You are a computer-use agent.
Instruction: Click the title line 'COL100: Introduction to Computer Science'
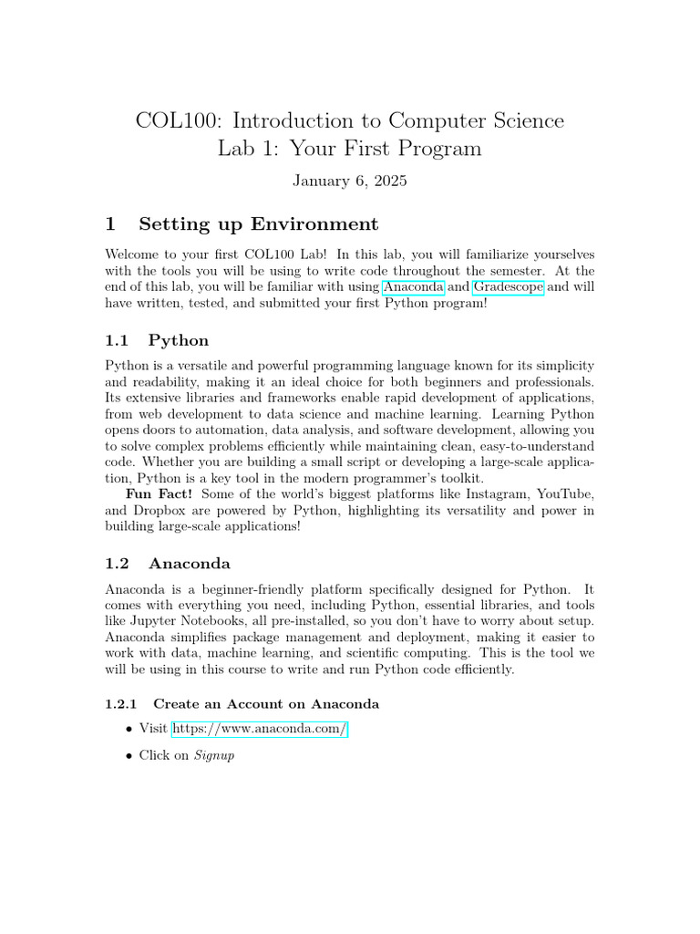coord(350,120)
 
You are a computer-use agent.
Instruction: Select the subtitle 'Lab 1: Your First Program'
coord(350,149)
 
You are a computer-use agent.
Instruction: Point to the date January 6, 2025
coord(350,181)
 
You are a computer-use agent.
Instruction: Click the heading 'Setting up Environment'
coord(257,224)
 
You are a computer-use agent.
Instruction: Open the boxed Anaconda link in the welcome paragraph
coord(414,287)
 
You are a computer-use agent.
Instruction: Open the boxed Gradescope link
coord(508,287)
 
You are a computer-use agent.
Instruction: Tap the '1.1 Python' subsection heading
coord(179,340)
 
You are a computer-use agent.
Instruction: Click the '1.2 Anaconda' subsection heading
coord(190,564)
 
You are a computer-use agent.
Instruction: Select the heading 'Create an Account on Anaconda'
coord(266,704)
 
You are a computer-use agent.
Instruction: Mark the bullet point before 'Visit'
coord(128,729)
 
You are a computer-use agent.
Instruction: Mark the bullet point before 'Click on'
coord(128,756)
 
